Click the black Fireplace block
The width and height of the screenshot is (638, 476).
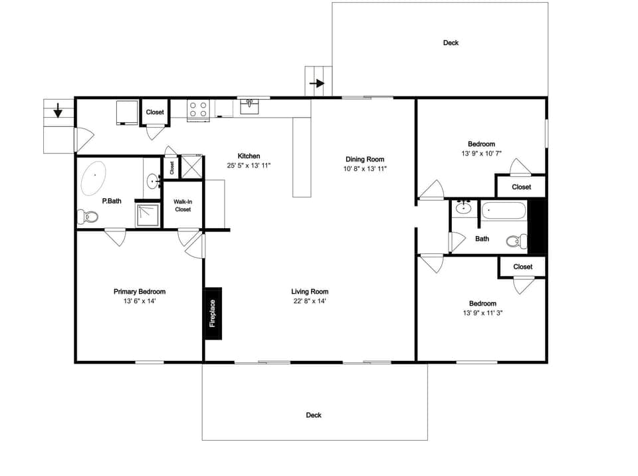(213, 314)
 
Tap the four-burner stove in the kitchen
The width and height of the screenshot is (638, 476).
(198, 109)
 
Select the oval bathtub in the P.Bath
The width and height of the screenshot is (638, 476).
(95, 178)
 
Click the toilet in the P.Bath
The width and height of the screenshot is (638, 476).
(88, 217)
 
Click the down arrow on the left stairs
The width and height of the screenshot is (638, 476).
(58, 110)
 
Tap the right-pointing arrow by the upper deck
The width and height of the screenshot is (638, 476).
(318, 84)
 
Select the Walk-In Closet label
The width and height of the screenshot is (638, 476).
(183, 205)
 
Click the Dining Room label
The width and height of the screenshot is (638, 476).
(365, 160)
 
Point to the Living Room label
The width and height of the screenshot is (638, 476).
(310, 292)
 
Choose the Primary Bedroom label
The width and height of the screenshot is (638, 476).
(140, 292)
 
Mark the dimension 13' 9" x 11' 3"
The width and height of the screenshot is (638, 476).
(483, 313)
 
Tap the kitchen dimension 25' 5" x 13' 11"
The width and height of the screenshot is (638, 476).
(249, 166)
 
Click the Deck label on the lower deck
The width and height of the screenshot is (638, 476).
(314, 416)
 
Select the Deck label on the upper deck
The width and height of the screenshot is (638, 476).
(451, 43)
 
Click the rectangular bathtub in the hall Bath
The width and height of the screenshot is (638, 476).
(503, 211)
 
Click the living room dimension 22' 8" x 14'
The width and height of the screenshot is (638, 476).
(310, 301)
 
